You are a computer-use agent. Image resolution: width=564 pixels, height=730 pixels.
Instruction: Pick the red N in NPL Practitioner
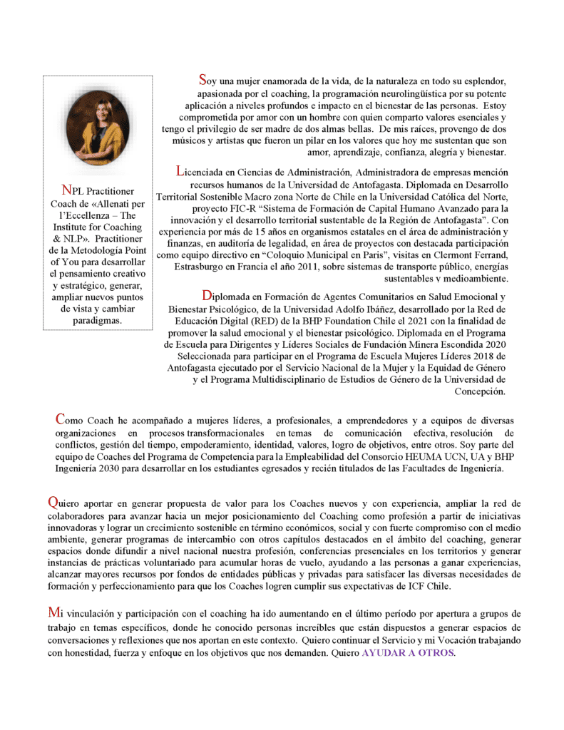pos(67,190)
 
